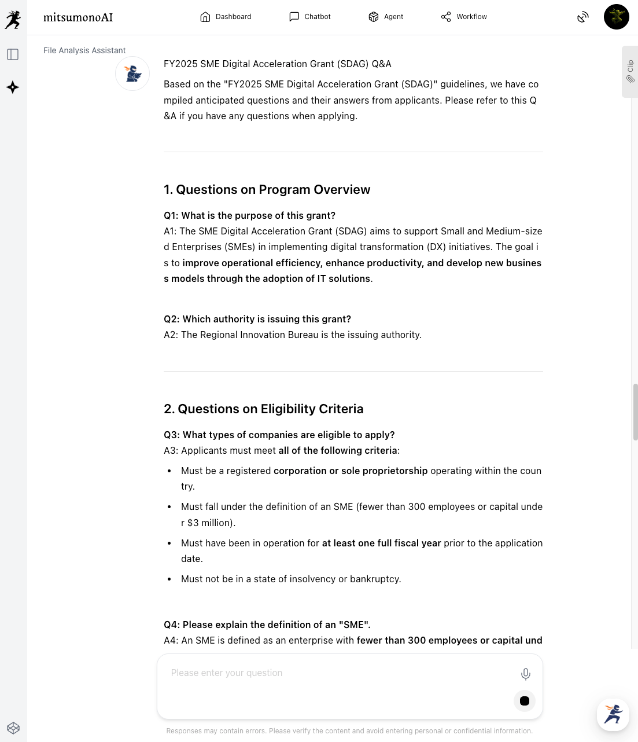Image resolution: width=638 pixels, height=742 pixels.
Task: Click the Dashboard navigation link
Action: tap(226, 17)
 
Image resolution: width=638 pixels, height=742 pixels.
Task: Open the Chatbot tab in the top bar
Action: tap(310, 17)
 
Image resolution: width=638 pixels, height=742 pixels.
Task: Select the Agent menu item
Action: tap(386, 17)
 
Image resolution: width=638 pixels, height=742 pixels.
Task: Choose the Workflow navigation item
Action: tap(464, 17)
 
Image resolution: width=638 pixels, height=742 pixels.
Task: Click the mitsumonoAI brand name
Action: tap(78, 17)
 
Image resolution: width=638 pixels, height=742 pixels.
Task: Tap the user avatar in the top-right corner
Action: tap(616, 17)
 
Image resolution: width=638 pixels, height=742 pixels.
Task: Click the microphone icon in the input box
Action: tap(525, 674)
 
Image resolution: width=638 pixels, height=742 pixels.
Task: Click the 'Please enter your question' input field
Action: tap(335, 673)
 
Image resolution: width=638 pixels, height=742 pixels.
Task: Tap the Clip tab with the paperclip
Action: tap(630, 72)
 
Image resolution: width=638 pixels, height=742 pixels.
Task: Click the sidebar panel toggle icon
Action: tap(13, 54)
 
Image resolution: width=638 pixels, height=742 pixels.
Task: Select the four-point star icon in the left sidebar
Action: tap(13, 87)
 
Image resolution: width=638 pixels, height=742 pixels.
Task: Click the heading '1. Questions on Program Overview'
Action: tap(267, 190)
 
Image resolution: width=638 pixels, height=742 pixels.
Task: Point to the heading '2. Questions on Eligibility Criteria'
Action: tap(263, 409)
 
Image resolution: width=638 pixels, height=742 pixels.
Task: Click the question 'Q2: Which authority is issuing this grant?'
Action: tap(257, 319)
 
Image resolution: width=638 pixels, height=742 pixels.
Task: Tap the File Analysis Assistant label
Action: tap(84, 50)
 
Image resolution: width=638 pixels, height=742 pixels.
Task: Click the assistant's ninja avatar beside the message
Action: tap(132, 74)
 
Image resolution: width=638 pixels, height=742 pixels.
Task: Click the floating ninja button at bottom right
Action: tap(613, 714)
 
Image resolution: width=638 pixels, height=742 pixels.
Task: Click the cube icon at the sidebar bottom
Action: tap(13, 728)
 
